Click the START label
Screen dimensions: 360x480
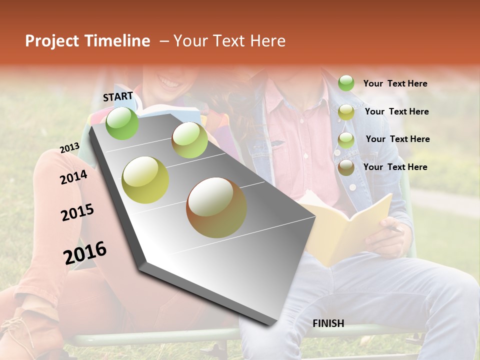tap(118, 96)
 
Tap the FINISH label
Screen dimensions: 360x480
tap(328, 323)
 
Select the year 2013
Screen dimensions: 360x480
tap(69, 148)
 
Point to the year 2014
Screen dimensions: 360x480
tap(73, 177)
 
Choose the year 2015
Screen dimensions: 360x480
tap(77, 212)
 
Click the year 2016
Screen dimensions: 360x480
tap(85, 252)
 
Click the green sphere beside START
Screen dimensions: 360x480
tap(122, 123)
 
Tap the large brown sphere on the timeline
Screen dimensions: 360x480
tap(216, 207)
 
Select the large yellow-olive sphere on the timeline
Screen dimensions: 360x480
tap(145, 179)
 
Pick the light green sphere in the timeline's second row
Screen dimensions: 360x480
tap(189, 140)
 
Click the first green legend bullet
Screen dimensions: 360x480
tap(346, 83)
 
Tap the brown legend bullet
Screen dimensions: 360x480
tap(346, 167)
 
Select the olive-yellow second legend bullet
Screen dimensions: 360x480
tap(346, 112)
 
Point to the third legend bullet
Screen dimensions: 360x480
tap(346, 139)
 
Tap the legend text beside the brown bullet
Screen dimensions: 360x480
tap(395, 167)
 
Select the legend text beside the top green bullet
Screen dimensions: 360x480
tap(395, 83)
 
